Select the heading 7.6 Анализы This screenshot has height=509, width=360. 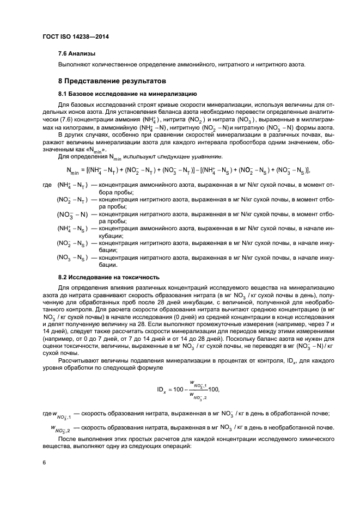click(77, 54)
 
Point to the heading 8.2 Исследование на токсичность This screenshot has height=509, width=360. click(108, 277)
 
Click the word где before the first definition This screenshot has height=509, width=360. click(47, 186)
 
